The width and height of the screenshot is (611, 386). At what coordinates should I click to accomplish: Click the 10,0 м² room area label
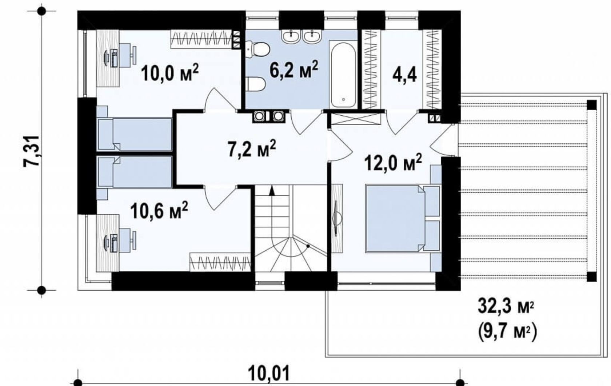click(169, 72)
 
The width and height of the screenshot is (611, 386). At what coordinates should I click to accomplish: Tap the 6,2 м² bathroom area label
click(294, 69)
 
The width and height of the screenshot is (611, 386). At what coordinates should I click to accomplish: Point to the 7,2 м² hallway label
click(252, 148)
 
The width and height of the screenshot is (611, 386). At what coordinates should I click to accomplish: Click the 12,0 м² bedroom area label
click(393, 162)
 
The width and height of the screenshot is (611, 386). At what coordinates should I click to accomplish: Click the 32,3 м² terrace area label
click(506, 307)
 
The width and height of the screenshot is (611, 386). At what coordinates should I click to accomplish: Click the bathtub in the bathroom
click(343, 75)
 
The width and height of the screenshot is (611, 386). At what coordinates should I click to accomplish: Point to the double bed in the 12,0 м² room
click(403, 218)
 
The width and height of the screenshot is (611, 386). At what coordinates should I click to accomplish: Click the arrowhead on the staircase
click(272, 191)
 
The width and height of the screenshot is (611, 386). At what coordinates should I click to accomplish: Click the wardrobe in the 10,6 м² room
click(220, 262)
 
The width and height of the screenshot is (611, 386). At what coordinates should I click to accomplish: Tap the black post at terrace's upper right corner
click(592, 105)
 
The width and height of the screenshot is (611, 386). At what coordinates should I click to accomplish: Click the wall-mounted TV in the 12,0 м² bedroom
click(337, 218)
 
